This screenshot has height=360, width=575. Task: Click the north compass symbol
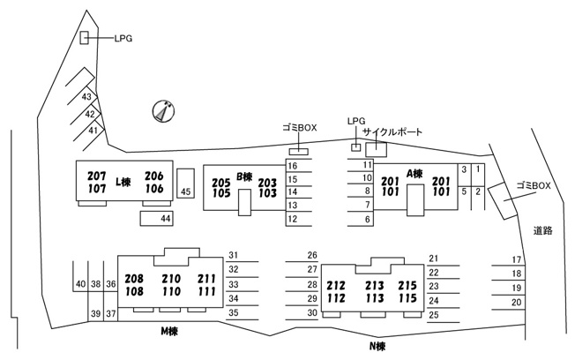(x=163, y=111)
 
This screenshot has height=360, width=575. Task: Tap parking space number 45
(x=185, y=184)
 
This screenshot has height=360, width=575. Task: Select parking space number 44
(x=157, y=218)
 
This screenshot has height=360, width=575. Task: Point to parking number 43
(x=86, y=97)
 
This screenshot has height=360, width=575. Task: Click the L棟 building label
(x=123, y=182)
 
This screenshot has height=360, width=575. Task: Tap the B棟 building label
(x=244, y=176)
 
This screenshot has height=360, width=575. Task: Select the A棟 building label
(x=414, y=173)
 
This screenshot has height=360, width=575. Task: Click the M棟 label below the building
(x=169, y=332)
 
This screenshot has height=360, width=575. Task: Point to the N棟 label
(x=377, y=346)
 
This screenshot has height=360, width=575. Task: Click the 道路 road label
(x=542, y=231)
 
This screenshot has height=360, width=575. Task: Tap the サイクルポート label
(x=392, y=131)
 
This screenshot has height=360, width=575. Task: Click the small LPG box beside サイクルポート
(x=356, y=147)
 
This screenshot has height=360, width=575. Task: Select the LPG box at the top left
(x=85, y=38)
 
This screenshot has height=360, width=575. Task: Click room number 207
(x=97, y=176)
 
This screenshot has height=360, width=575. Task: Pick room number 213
(x=375, y=285)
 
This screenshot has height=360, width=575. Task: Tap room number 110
(x=171, y=292)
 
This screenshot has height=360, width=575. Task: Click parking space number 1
(x=478, y=169)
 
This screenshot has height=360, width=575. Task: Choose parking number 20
(x=516, y=303)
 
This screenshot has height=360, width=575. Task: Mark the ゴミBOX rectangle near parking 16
(x=298, y=152)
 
